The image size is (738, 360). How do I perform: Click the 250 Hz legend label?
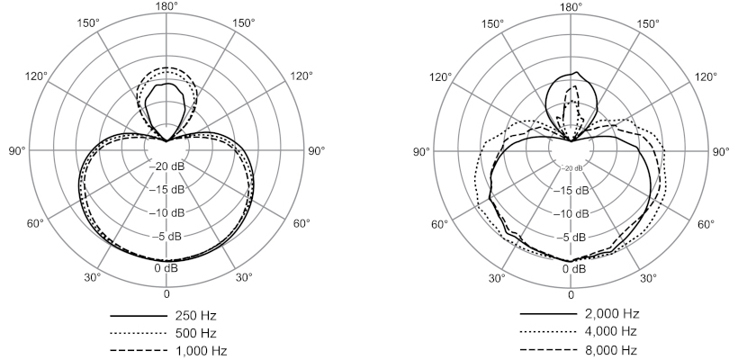tap(195, 315)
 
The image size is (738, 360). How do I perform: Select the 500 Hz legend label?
tap(195, 333)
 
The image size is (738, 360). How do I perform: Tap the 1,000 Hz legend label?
tap(201, 351)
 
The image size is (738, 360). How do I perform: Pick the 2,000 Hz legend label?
tap(612, 313)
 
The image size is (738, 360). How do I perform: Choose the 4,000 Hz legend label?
tap(611, 331)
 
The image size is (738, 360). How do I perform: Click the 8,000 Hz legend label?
tap(611, 350)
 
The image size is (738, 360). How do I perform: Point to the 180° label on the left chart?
tap(166, 6)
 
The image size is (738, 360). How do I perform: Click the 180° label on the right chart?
tap(571, 6)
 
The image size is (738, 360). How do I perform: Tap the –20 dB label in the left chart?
tap(167, 166)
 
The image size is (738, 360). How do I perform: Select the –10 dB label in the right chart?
tap(571, 214)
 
